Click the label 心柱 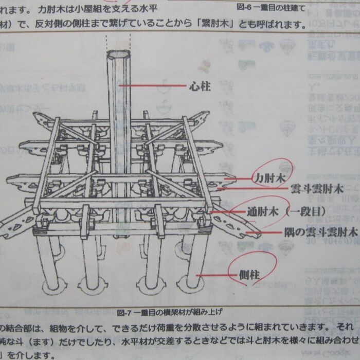[200, 86]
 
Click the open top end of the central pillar [118, 55]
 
